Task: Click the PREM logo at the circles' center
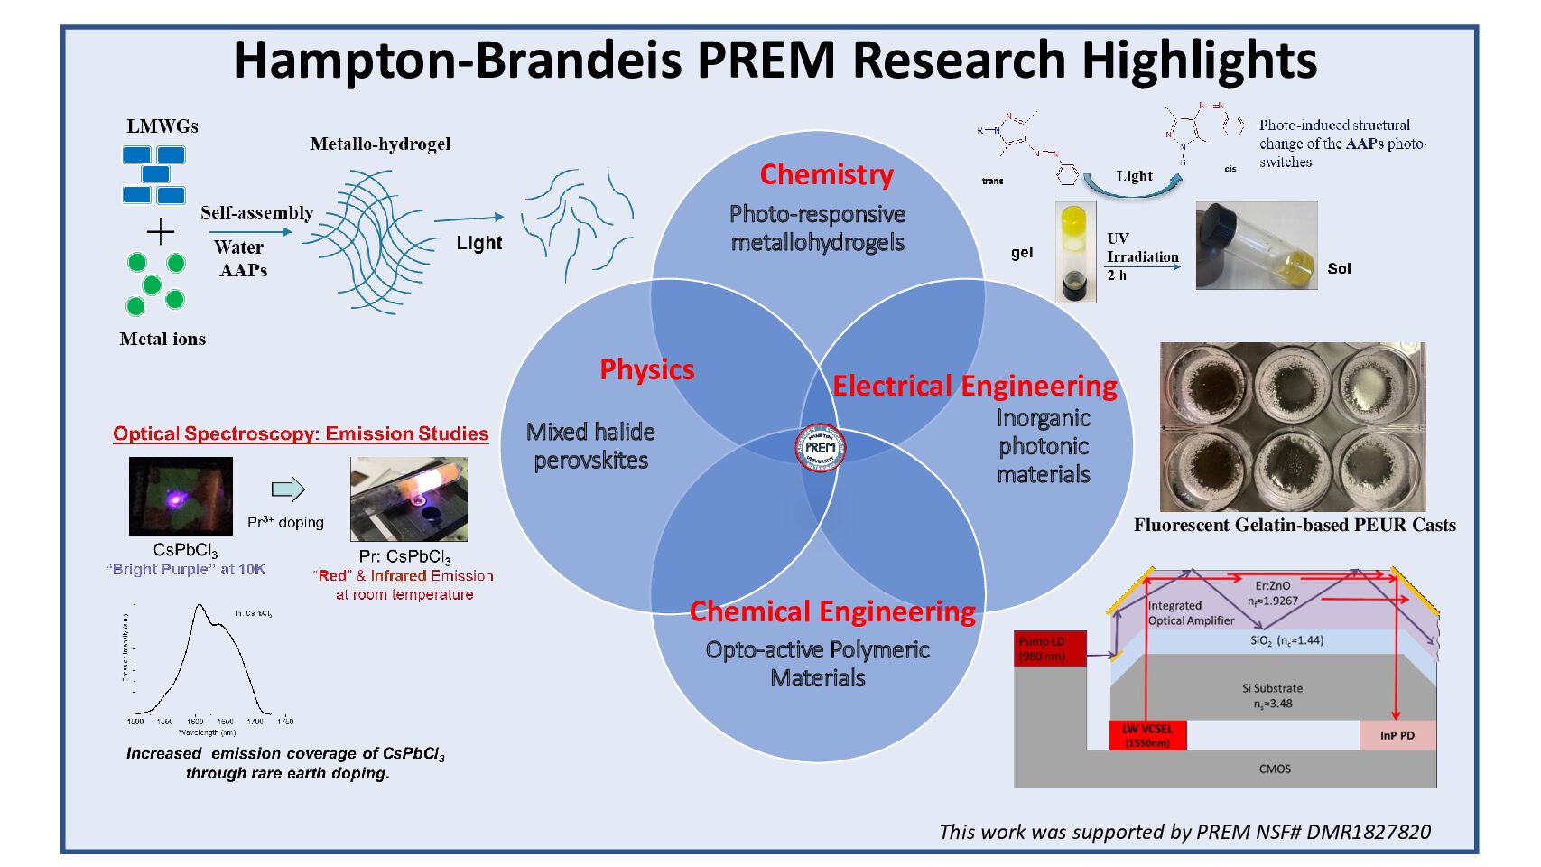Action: coord(820,447)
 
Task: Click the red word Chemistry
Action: coord(826,174)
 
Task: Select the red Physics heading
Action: coord(647,369)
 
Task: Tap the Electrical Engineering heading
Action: coord(974,387)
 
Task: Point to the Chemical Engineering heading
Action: coord(832,612)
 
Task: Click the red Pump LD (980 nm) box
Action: coord(1050,648)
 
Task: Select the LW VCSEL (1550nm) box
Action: coord(1147,735)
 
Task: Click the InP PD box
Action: coord(1397,735)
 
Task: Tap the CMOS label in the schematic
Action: coord(1275,769)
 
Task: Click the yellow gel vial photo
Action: coord(1075,252)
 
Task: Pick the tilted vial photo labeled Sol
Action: coord(1256,246)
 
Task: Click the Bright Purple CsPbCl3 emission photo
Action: coord(181,496)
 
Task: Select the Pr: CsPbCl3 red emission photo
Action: coord(408,499)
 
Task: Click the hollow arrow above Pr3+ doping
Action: coord(288,489)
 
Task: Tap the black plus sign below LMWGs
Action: coord(160,232)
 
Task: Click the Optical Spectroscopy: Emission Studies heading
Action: coord(301,433)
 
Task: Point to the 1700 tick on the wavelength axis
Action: coord(255,721)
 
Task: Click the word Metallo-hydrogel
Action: coord(380,144)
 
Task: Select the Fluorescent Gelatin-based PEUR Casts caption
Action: coord(1295,526)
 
